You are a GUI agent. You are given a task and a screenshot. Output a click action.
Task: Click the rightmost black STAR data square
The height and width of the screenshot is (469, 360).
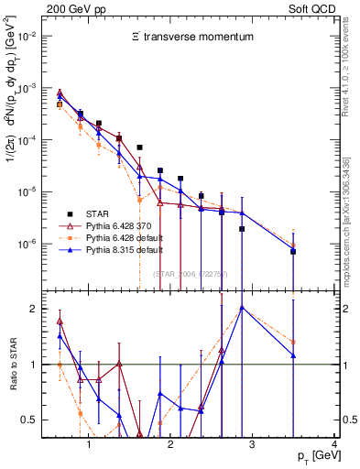[x=293, y=251]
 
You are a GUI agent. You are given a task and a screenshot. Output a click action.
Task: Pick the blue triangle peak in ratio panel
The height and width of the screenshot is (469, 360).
[x=242, y=308]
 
